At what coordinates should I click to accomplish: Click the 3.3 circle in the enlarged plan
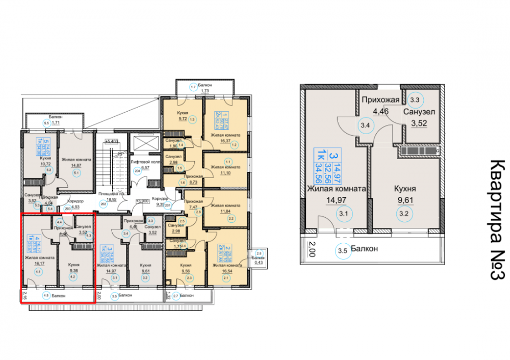click(x=415, y=100)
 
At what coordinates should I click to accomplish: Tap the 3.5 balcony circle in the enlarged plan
click(x=342, y=250)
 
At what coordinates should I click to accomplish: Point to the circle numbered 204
click(x=137, y=172)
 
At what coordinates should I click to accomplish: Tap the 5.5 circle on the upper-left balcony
click(x=46, y=123)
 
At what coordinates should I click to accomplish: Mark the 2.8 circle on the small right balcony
click(x=259, y=253)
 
